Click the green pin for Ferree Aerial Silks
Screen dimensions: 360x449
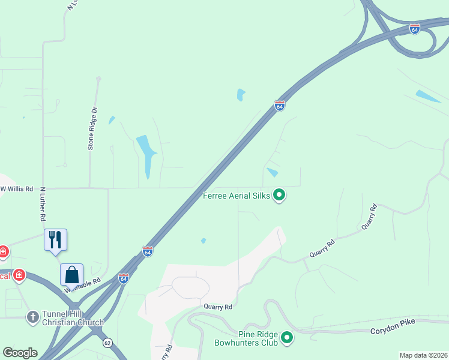tap(279, 195)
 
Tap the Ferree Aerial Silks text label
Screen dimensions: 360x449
tap(237, 195)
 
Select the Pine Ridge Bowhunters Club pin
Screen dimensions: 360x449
tap(287, 338)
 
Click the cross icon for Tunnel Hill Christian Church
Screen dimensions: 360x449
tap(33, 316)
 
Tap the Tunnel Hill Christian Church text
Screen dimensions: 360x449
tap(73, 318)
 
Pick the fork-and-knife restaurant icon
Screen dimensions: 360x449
tap(55, 239)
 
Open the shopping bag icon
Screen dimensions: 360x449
tap(72, 275)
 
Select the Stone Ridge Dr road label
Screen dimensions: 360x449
tap(92, 128)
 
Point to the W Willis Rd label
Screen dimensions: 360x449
tap(16, 188)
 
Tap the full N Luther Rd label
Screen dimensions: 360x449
tap(43, 203)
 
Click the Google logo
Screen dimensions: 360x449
tap(20, 353)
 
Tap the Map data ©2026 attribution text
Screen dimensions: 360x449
tap(423, 355)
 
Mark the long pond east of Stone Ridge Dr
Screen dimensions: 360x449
tap(146, 155)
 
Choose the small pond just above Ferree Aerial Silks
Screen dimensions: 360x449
tap(273, 172)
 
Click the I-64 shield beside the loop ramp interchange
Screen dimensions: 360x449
tap(414, 28)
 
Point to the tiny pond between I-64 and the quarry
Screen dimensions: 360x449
tap(203, 241)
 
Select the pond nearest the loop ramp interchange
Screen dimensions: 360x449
tap(427, 96)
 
